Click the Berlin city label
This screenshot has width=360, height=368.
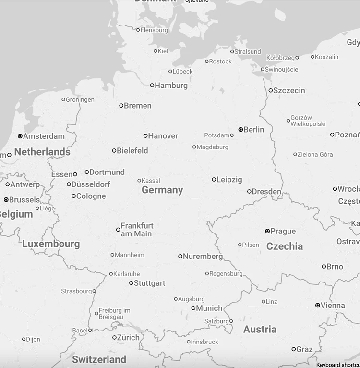(x=254, y=130)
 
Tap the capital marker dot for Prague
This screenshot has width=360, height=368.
(x=267, y=231)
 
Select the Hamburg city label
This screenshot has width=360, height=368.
(x=171, y=86)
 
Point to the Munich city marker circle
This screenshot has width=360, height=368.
(x=193, y=308)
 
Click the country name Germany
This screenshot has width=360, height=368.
(x=162, y=190)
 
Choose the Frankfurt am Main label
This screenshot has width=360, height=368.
(x=137, y=230)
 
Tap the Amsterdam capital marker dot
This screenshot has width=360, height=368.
(x=20, y=136)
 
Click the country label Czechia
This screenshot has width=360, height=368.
(x=285, y=246)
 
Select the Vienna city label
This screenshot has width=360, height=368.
(x=333, y=306)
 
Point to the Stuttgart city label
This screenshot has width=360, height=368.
(x=149, y=283)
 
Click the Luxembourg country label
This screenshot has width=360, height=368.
(x=51, y=244)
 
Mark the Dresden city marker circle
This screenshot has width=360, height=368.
(x=249, y=192)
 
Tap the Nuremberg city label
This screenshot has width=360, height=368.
(x=203, y=257)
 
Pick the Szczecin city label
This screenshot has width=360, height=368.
(x=289, y=91)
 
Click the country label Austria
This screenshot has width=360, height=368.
(x=260, y=330)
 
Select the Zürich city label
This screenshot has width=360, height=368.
(x=128, y=338)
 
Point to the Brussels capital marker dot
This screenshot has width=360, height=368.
(x=6, y=200)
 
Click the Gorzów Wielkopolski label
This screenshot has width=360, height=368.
(x=308, y=121)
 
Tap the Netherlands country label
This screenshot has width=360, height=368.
(x=42, y=152)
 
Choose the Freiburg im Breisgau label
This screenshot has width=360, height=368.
(x=114, y=314)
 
